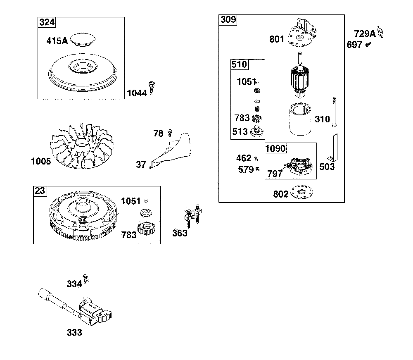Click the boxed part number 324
47,22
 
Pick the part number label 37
141,165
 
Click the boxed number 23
40,191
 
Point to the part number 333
74,332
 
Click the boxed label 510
239,64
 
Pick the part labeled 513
256,132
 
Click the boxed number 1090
275,148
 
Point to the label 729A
365,33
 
